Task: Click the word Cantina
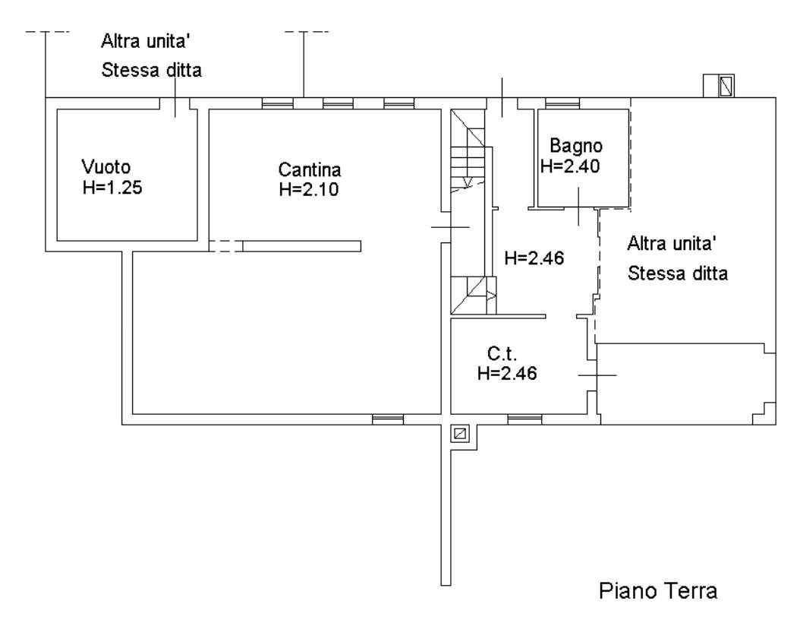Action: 310,169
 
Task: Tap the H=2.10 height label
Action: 309,189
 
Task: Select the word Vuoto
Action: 106,167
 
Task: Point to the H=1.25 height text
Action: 112,188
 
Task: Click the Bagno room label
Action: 576,147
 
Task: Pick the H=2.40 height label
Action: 570,166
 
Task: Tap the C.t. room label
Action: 502,353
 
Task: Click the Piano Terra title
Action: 658,591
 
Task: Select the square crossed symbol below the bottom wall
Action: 460,434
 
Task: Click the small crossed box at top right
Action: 726,86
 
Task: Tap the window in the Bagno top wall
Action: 562,103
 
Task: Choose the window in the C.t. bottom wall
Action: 524,419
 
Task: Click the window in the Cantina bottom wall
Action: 388,419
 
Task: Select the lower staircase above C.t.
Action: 473,295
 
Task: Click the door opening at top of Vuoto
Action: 175,103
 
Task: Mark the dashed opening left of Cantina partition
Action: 225,246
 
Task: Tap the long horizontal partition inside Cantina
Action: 301,246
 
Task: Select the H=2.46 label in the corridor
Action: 534,258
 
